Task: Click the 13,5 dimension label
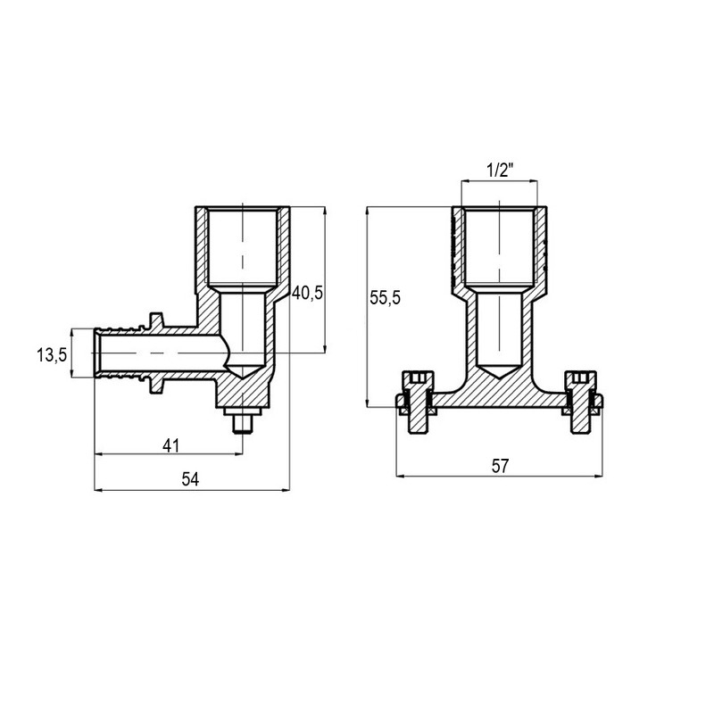(52, 354)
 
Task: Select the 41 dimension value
(171, 445)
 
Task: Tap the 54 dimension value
(190, 479)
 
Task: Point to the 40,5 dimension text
(307, 293)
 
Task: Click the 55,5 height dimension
(386, 298)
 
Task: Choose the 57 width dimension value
(500, 466)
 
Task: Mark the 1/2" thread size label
(500, 170)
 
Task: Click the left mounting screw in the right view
(417, 403)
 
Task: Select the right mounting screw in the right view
(583, 403)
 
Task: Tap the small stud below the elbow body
(242, 419)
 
